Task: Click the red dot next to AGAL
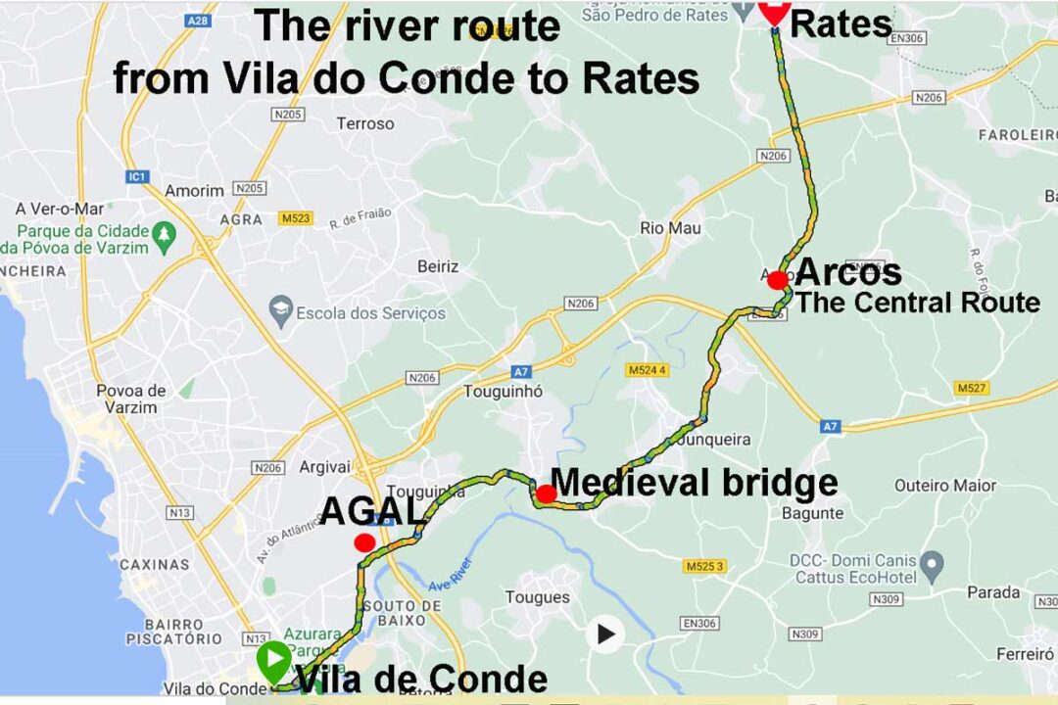(x=364, y=542)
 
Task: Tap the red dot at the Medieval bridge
(x=547, y=493)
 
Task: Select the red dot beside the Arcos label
(x=778, y=280)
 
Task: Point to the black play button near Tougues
(x=606, y=634)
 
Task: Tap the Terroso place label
(x=364, y=123)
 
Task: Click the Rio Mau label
(x=670, y=228)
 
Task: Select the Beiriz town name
(x=438, y=266)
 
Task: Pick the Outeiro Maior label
(x=944, y=486)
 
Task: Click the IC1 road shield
(x=137, y=177)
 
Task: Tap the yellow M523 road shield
(x=294, y=218)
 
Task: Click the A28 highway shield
(x=199, y=20)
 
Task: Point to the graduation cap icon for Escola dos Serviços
(x=281, y=312)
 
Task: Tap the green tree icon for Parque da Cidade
(x=166, y=234)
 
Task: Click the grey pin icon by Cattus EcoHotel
(x=933, y=565)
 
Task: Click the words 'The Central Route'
(x=917, y=303)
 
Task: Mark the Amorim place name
(x=194, y=191)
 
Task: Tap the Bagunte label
(x=813, y=513)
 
